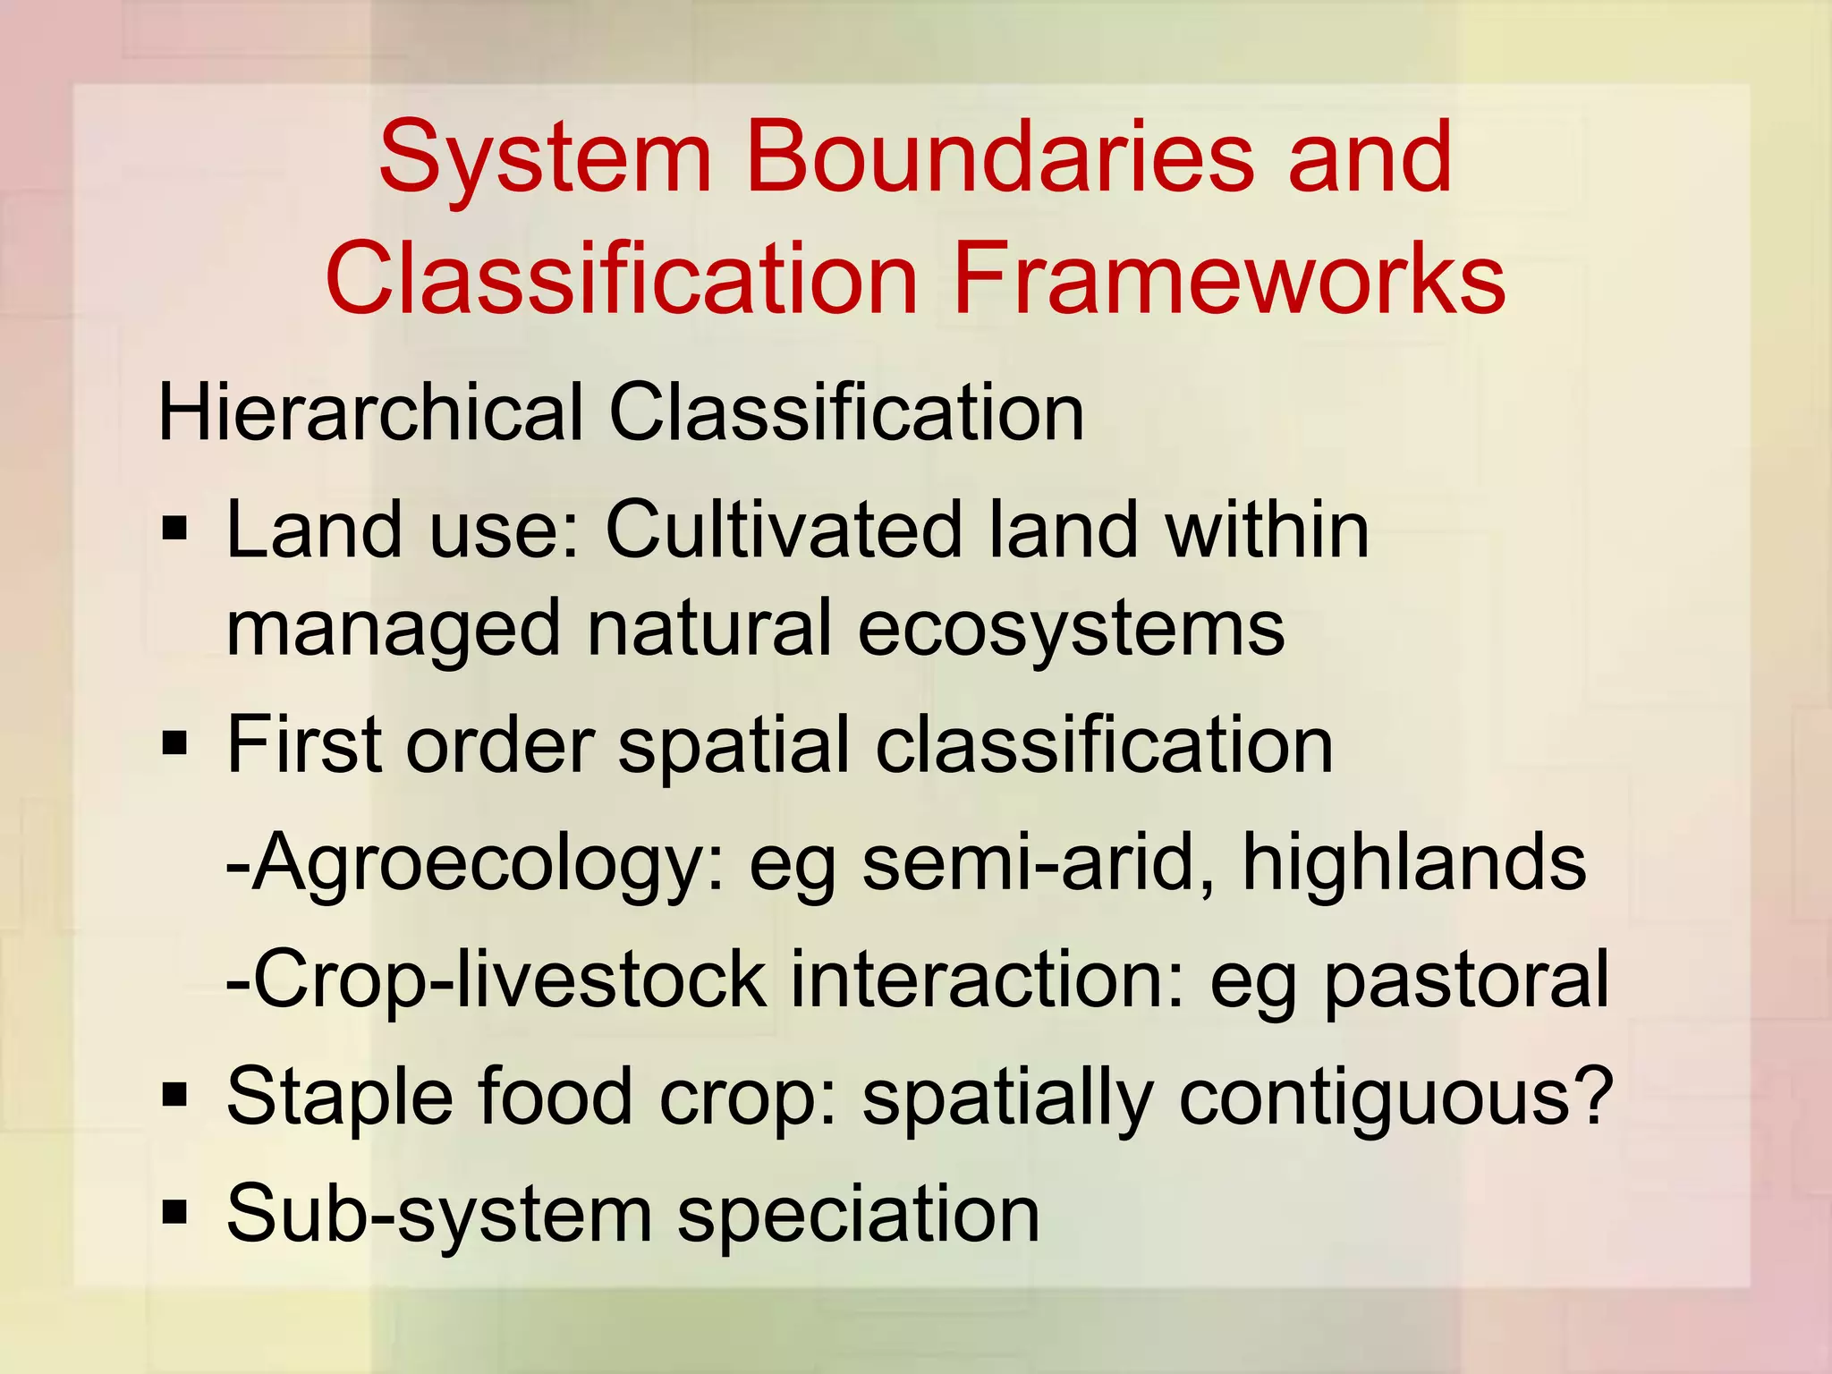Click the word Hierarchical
(x=370, y=412)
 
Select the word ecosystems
(x=1071, y=628)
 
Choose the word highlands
(x=1414, y=862)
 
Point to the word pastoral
(x=1466, y=982)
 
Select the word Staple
(x=339, y=1098)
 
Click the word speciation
(x=858, y=1215)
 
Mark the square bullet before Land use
(x=174, y=530)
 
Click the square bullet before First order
(x=174, y=742)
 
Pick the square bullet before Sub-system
(x=174, y=1212)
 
